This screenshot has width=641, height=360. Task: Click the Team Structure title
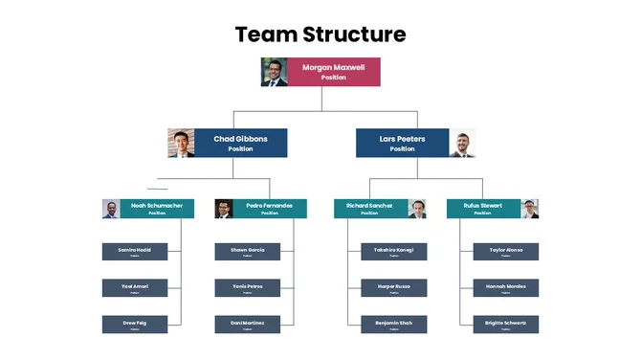320,34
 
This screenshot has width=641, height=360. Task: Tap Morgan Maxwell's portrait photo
275,72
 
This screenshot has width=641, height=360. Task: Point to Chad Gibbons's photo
181,143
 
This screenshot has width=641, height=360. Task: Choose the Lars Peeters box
402,143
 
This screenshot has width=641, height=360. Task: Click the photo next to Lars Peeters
462,143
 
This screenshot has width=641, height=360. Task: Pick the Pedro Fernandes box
270,209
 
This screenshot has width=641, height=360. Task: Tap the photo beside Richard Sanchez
417,209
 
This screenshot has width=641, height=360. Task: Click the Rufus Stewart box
483,209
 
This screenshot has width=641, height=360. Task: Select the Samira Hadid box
135,252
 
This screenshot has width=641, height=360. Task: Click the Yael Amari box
135,288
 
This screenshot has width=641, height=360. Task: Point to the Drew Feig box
135,325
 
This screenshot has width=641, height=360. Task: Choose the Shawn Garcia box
248,252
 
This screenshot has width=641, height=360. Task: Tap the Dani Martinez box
248,325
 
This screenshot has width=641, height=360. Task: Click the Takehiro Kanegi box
393,252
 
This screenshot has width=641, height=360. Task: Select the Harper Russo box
393,288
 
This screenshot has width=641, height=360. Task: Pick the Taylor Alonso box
506,252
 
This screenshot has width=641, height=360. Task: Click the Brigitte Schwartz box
506,325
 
